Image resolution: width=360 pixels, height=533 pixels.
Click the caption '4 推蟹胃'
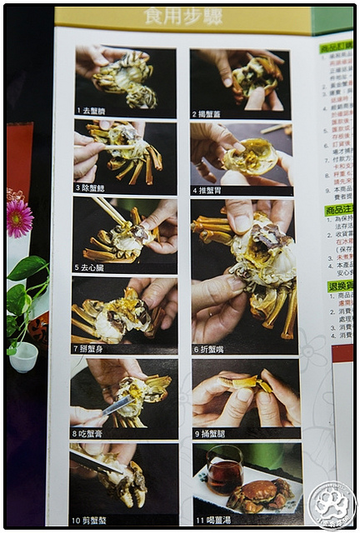210,190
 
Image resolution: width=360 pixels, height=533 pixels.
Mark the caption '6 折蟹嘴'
212,349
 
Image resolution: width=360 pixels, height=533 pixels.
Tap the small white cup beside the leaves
24,356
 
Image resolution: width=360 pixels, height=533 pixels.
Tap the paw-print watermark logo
331,505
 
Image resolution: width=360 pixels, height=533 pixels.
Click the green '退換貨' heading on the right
339,286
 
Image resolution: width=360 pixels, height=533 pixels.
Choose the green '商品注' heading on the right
338,210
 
